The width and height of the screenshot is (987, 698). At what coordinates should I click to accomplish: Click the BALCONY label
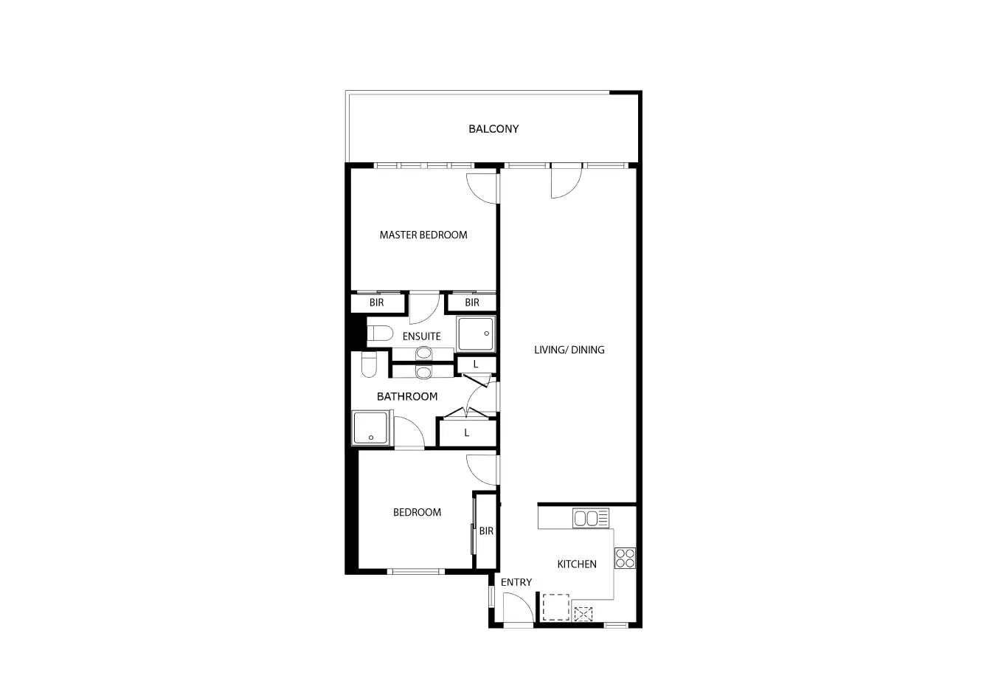click(493, 129)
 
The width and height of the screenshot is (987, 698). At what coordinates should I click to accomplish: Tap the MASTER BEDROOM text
click(423, 235)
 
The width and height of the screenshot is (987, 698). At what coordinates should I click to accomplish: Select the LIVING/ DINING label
click(569, 350)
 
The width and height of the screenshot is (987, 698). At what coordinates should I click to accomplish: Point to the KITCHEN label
click(576, 564)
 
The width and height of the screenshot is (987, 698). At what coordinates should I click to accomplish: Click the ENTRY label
click(516, 583)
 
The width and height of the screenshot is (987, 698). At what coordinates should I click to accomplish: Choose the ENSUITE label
click(421, 336)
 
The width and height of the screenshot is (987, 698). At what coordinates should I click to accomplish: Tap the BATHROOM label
click(407, 397)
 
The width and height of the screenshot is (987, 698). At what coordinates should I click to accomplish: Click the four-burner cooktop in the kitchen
click(625, 558)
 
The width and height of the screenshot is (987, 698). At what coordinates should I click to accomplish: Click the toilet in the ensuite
click(380, 334)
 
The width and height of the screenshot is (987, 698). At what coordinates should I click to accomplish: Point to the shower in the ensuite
click(477, 334)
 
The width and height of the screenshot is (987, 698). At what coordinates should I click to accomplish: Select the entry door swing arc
click(519, 609)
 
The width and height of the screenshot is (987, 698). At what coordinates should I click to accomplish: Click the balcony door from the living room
click(566, 182)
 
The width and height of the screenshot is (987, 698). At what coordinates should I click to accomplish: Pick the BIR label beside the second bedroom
click(485, 531)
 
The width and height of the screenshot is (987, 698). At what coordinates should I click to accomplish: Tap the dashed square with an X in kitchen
click(583, 613)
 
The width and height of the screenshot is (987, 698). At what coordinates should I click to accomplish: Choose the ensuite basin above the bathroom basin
click(423, 352)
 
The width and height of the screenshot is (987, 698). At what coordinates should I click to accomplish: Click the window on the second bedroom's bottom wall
click(417, 571)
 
